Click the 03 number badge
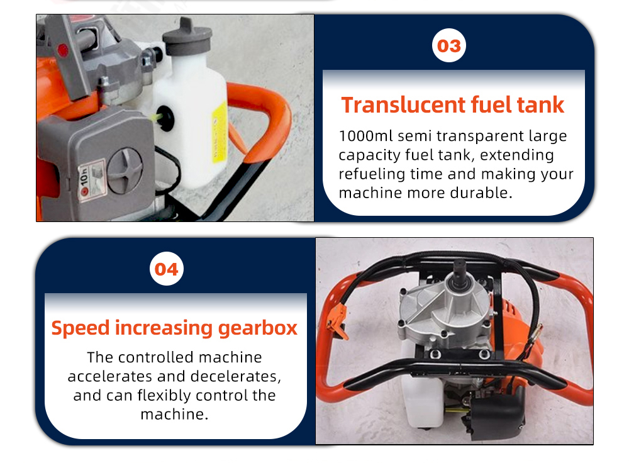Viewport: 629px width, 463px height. point(449,45)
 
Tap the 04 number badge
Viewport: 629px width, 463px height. point(167,269)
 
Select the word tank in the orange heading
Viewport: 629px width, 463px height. point(540,105)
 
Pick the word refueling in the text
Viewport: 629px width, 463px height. point(372,174)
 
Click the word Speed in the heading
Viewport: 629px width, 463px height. point(81,328)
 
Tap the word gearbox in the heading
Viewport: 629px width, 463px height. point(257,328)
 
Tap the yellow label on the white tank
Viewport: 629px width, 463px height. point(220,131)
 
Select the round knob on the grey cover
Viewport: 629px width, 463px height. point(125,171)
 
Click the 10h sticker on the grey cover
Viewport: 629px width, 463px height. point(91,181)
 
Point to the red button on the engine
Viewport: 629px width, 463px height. point(63,50)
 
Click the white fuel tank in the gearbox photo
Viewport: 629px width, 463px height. point(422,401)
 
